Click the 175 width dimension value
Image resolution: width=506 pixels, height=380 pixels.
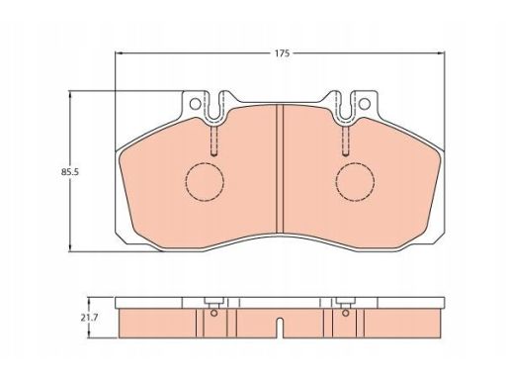click(283, 53)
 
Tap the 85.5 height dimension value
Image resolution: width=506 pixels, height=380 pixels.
click(70, 172)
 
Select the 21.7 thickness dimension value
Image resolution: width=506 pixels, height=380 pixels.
click(89, 318)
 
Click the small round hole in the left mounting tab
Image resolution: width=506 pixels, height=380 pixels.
click(196, 104)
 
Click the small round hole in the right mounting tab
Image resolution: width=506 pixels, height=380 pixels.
click(365, 104)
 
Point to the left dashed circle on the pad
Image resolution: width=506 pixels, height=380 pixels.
click(186, 181)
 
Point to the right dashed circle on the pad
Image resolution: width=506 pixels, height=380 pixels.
click(336, 181)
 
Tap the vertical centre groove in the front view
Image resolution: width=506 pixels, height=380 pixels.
click(280, 169)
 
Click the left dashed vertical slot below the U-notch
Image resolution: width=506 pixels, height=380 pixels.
click(214, 142)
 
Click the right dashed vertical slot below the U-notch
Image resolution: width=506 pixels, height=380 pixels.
click(346, 142)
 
